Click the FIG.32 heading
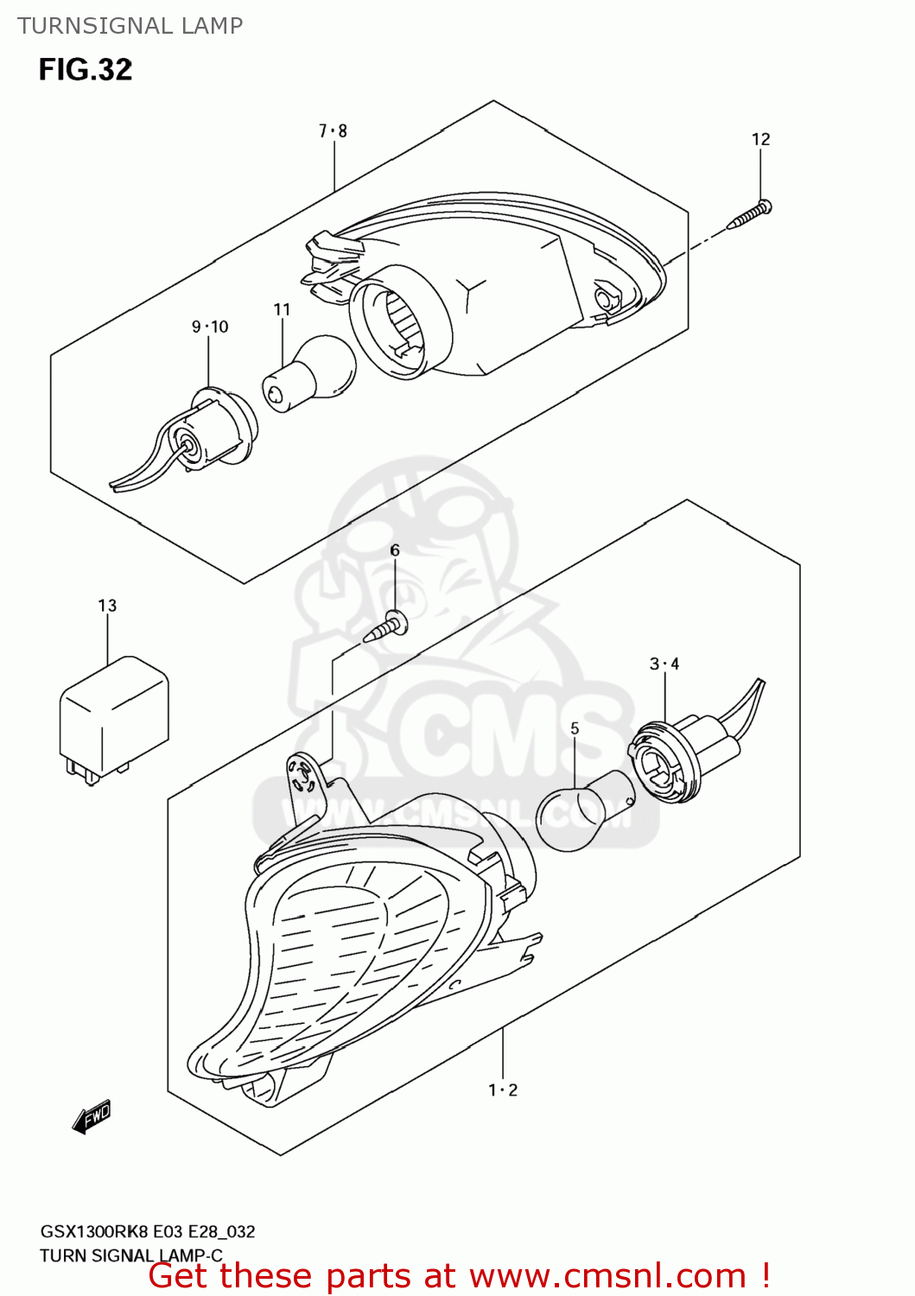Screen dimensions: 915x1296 pos(86,70)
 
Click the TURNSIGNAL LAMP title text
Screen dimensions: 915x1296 pos(130,26)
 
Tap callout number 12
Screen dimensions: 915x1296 pos(760,139)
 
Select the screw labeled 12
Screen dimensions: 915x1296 pos(749,213)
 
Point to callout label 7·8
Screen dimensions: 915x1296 pos(333,131)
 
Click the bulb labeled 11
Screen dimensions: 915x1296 pos(309,374)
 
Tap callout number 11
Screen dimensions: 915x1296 pos(282,310)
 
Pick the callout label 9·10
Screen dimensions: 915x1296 pos(210,327)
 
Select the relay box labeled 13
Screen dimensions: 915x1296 pos(114,721)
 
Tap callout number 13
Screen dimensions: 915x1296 pos(107,606)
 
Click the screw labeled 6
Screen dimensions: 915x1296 pos(386,626)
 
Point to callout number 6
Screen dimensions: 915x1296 pos(395,550)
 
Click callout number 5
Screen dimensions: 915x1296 pos(575,728)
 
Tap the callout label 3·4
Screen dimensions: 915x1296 pos(664,664)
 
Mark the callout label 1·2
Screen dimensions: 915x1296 pos(503,1090)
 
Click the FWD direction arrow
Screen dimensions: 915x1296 pos(91,1117)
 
